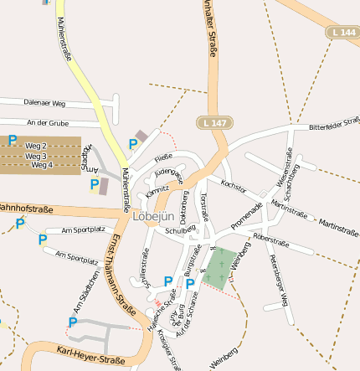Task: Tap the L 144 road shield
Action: point(342,32)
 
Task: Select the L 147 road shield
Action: point(214,122)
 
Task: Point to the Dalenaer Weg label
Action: point(44,104)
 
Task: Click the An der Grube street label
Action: point(47,122)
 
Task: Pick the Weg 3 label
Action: point(36,156)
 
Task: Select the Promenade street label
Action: point(246,214)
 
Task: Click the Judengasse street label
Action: point(168,175)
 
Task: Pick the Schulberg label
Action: point(180,229)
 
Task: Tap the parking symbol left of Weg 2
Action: point(13,141)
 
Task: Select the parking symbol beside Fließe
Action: point(133,144)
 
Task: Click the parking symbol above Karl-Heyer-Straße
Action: point(73,322)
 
